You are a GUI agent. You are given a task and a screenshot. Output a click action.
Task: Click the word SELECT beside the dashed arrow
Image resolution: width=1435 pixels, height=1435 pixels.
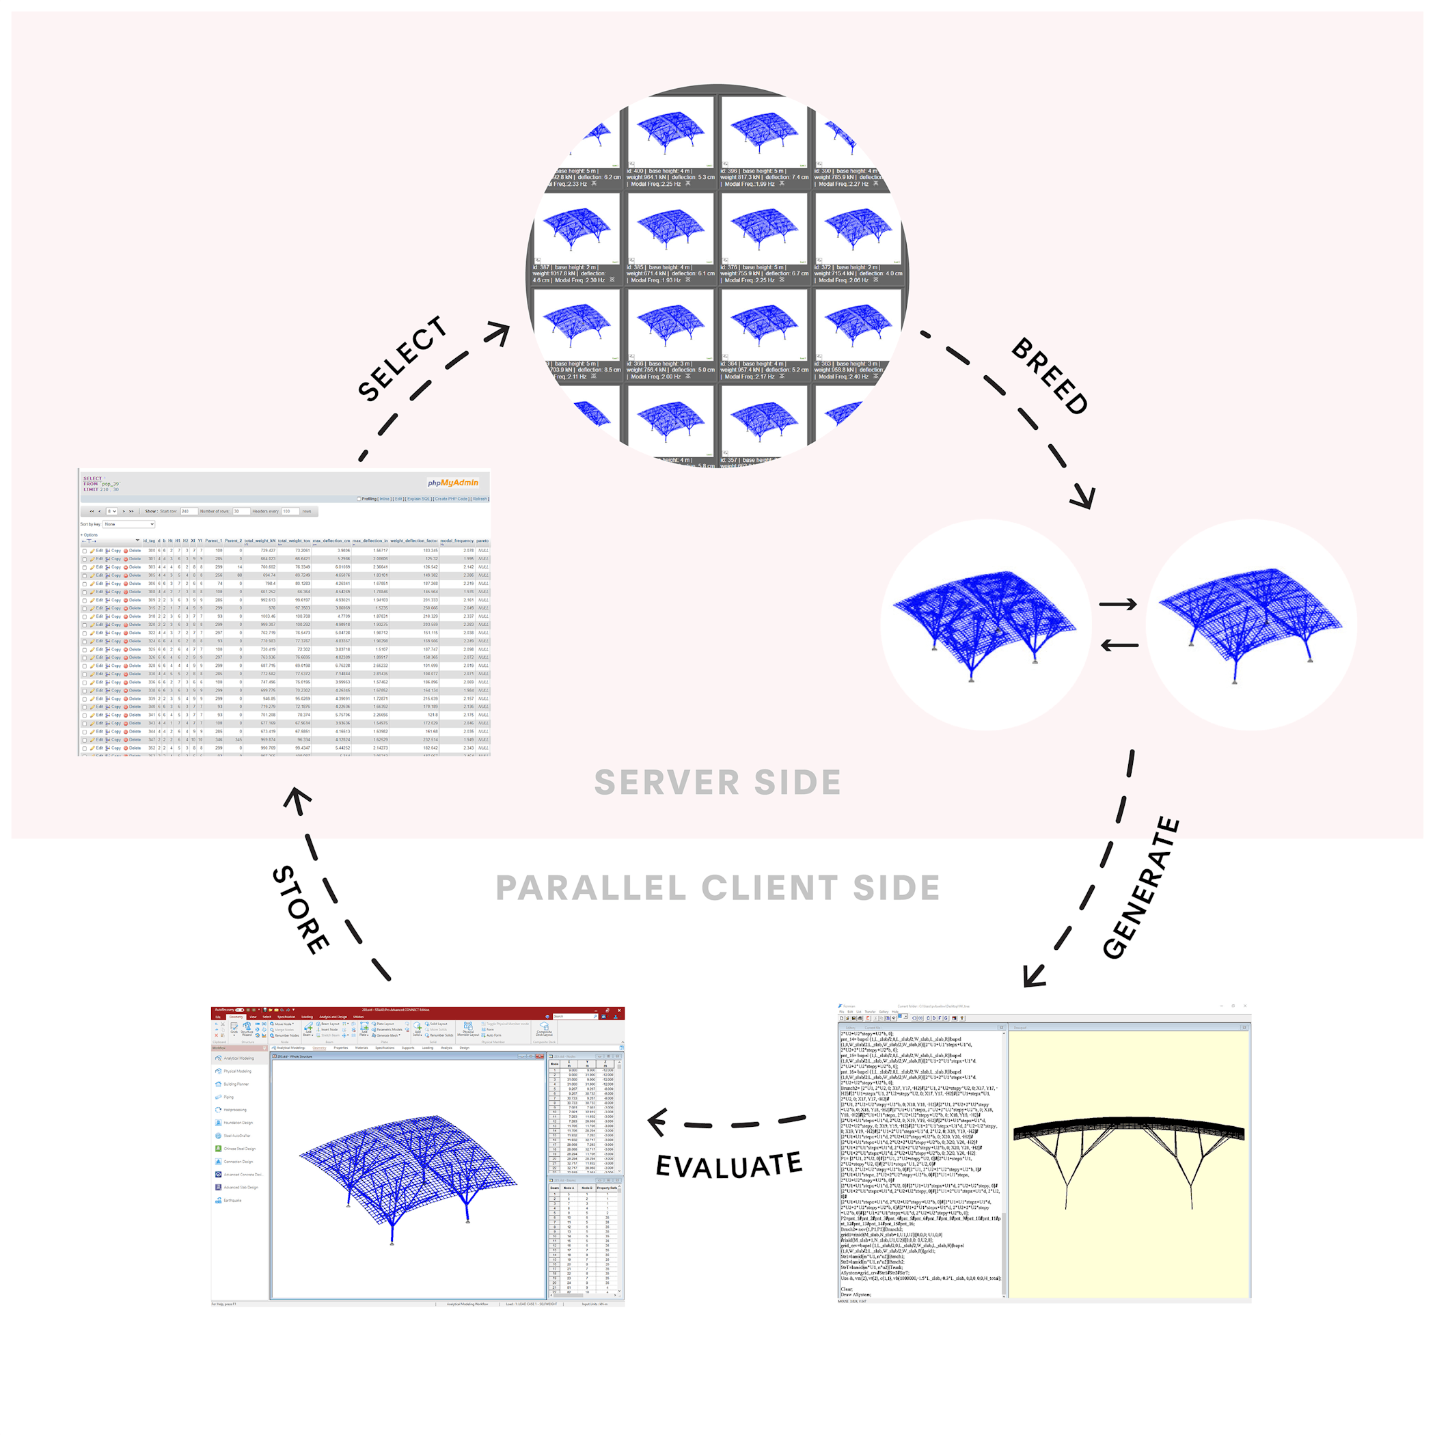tap(402, 359)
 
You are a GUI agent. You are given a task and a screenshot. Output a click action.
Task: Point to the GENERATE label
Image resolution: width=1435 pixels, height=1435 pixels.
tap(1140, 888)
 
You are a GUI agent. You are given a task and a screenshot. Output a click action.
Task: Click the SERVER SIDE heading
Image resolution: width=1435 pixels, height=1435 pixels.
tap(717, 782)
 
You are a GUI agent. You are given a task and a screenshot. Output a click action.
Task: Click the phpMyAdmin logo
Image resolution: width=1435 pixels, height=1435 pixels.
tap(453, 483)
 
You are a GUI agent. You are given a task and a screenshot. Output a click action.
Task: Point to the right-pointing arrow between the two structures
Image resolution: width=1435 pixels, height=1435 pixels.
tap(1119, 605)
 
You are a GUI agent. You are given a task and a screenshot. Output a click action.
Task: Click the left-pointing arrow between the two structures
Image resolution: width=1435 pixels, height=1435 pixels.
tap(1119, 646)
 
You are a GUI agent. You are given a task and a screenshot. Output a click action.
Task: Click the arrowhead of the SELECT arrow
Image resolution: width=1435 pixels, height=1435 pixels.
tap(499, 333)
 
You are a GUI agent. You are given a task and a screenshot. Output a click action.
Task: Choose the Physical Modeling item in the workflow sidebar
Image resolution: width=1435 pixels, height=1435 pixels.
tap(237, 1071)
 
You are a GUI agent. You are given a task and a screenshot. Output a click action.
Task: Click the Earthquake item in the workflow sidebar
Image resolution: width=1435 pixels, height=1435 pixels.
tap(232, 1201)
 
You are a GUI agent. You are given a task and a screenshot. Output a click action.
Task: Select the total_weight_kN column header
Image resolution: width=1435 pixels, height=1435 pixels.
tap(259, 541)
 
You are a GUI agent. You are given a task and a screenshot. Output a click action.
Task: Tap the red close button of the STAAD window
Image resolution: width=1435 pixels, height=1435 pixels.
tap(618, 1010)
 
